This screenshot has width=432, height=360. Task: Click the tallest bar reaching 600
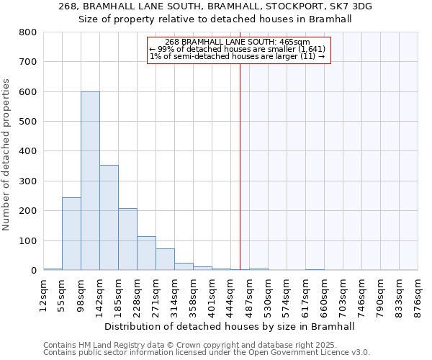(x=90, y=181)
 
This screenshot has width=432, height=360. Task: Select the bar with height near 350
(x=109, y=217)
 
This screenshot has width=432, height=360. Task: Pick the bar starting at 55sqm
(x=71, y=233)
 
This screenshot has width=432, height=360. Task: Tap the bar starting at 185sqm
(x=127, y=239)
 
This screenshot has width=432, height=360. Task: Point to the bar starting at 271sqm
(x=165, y=259)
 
